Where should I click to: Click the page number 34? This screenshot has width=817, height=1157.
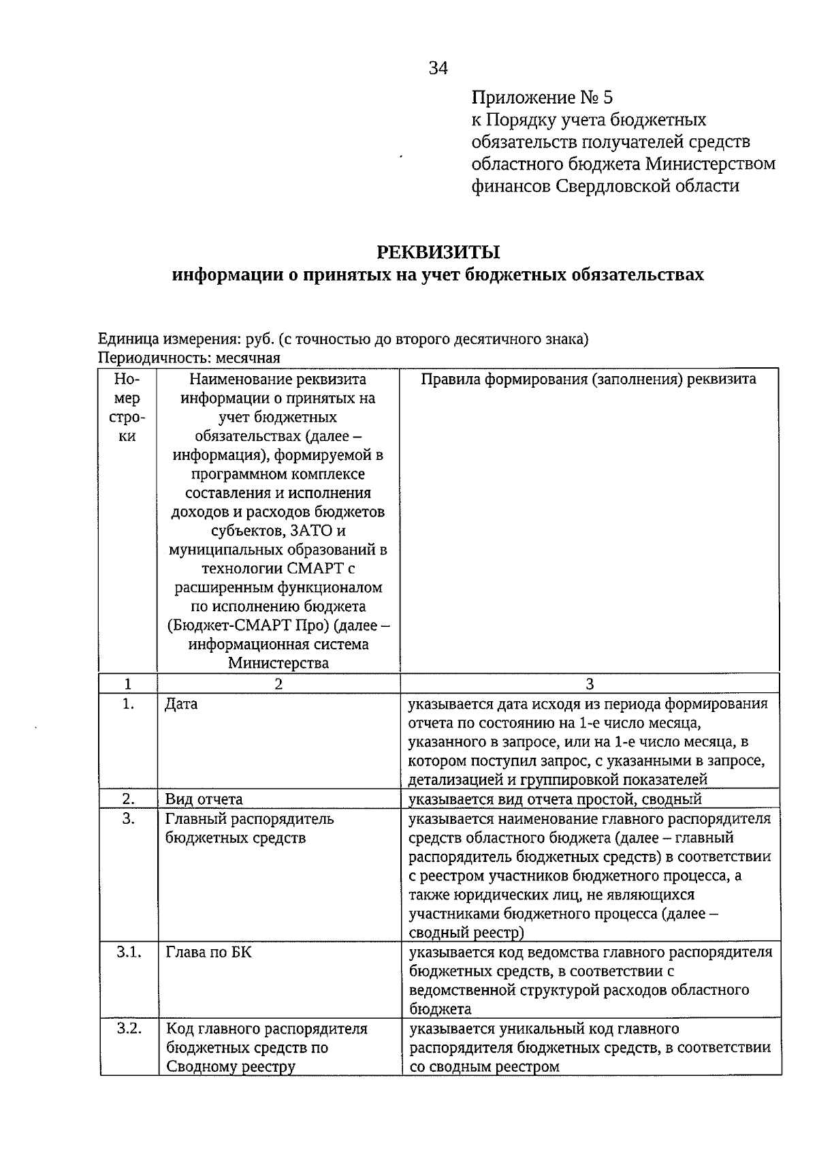438,68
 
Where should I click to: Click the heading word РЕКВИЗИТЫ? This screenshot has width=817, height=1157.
438,252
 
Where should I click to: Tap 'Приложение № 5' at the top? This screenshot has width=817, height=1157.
543,97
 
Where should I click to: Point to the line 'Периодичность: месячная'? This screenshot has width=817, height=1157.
189,358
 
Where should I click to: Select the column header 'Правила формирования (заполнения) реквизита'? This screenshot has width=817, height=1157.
588,380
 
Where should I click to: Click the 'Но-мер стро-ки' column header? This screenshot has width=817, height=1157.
127,407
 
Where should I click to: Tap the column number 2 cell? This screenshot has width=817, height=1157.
278,684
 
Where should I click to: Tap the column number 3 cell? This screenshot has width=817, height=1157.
590,684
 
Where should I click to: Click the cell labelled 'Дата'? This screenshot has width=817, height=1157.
182,704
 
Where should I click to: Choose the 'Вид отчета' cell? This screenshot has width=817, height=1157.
204,799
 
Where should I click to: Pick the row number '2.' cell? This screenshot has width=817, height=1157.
128,799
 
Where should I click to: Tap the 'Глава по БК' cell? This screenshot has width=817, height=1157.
208,952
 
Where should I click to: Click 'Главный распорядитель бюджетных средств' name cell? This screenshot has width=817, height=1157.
249,828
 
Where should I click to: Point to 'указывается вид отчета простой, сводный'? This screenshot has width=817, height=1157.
555,799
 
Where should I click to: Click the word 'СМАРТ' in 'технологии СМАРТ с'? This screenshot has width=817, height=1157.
312,568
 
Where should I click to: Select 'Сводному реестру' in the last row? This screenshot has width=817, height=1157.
231,1066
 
